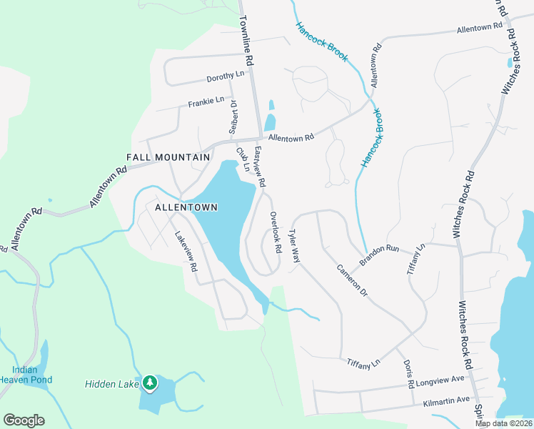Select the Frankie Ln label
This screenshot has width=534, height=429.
206,103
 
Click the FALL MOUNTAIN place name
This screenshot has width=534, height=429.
168,157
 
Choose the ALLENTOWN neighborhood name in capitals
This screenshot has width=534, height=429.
186,207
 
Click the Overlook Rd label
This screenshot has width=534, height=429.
276,232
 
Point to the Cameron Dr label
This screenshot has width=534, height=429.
351,281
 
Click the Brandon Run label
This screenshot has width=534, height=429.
379,257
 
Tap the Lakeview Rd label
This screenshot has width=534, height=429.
186,250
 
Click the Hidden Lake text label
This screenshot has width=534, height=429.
111,384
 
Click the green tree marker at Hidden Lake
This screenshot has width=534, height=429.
149,384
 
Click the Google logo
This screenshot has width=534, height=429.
24,420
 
